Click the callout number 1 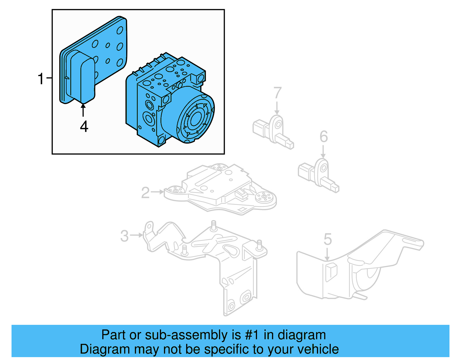click(41, 79)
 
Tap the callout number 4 click(84, 127)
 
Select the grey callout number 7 click(277, 93)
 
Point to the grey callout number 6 click(324, 137)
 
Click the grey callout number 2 click(146, 193)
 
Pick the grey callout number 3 click(124, 236)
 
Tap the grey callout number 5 click(328, 239)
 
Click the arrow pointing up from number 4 click(83, 110)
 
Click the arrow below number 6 click(323, 152)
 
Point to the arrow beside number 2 click(158, 192)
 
